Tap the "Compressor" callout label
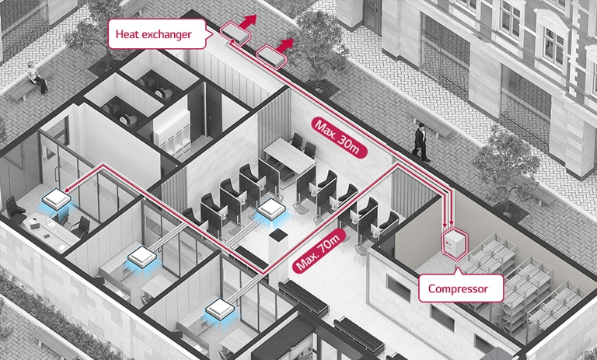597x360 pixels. point(459,289)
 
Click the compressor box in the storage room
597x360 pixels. point(456,243)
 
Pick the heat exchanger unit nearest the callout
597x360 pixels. point(234,30)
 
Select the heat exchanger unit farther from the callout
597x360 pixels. point(273,54)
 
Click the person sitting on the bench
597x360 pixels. point(33,77)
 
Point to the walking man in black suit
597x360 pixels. point(420,142)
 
